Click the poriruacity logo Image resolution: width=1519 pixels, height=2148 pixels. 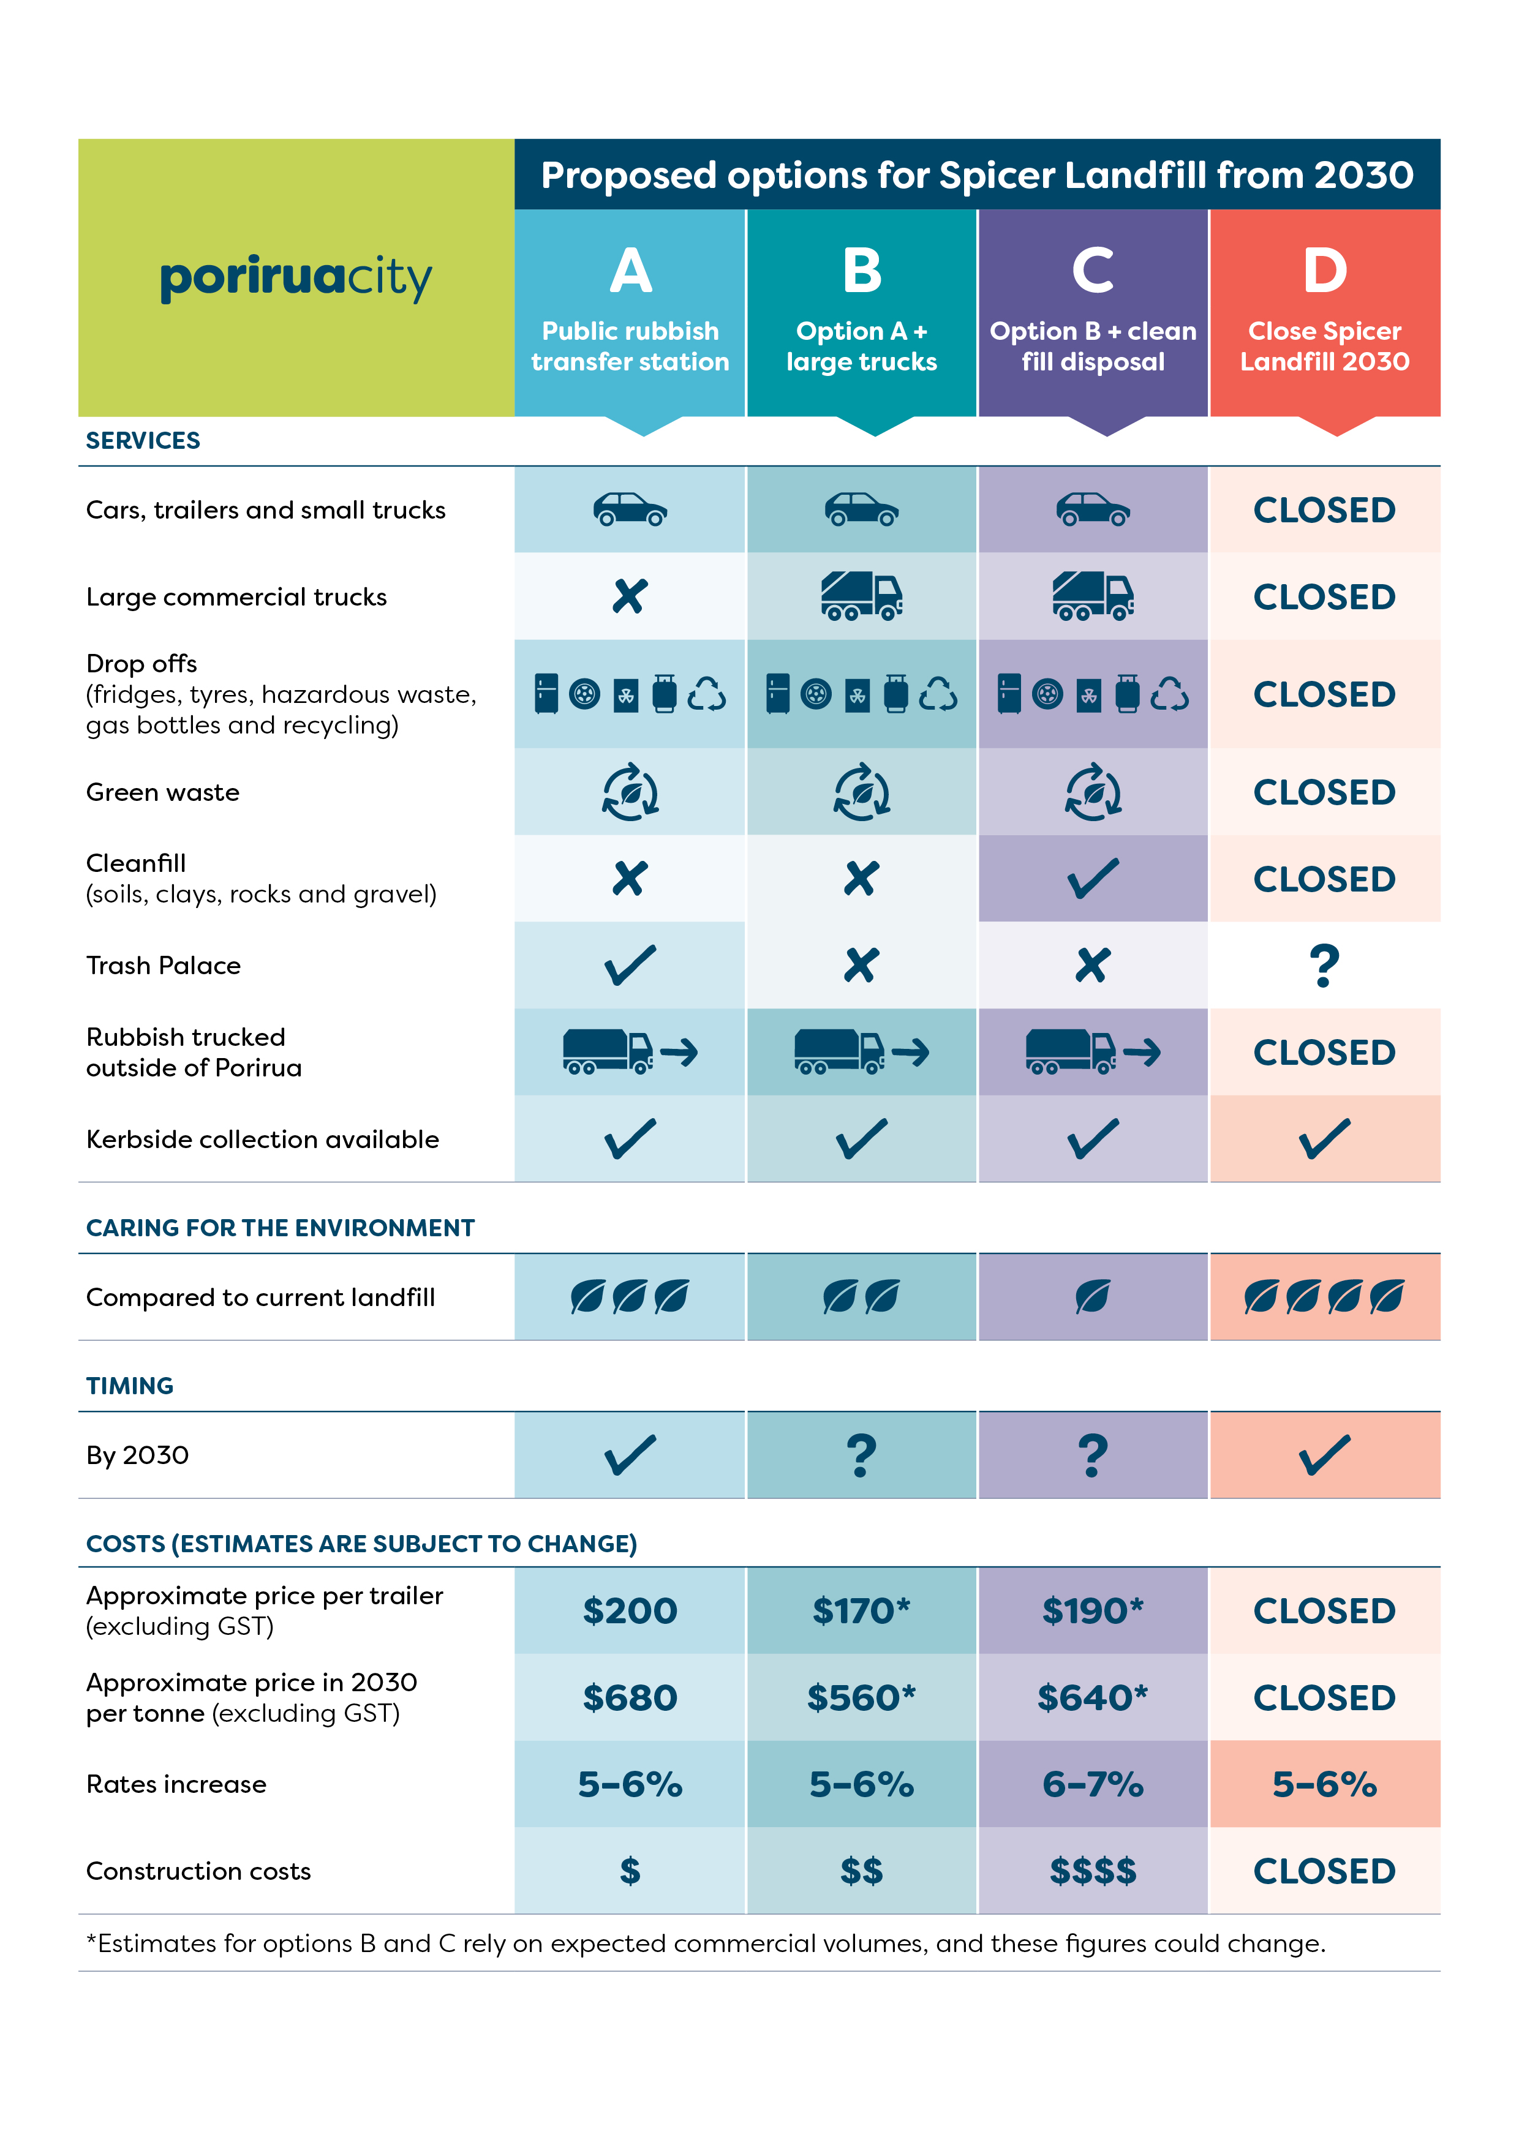(296, 278)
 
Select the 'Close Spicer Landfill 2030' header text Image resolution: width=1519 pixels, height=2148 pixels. (1324, 346)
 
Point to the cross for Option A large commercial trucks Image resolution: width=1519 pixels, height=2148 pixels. (630, 596)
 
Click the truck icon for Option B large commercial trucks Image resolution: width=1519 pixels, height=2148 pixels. (861, 596)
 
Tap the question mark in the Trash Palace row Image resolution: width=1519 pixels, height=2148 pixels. (1324, 966)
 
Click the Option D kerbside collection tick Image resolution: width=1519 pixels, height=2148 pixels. (1324, 1138)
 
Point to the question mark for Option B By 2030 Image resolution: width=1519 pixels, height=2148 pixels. (861, 1455)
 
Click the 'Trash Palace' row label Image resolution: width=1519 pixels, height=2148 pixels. (164, 966)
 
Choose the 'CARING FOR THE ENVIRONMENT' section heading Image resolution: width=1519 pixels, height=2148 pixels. (280, 1228)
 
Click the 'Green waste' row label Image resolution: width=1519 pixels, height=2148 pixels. (163, 792)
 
